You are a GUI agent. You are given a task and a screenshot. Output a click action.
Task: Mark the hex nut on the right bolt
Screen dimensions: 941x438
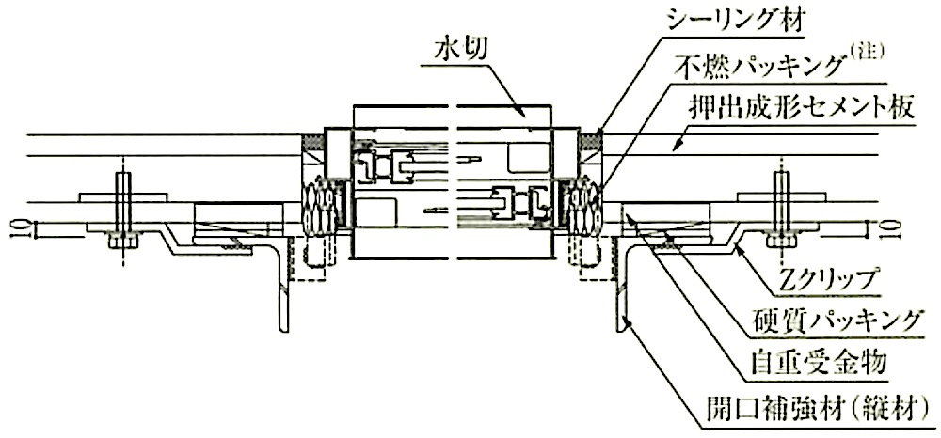(x=781, y=241)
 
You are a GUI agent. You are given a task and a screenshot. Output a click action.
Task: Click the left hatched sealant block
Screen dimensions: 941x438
(x=312, y=142)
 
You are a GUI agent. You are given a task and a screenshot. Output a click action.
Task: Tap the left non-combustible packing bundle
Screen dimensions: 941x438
(x=320, y=205)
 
